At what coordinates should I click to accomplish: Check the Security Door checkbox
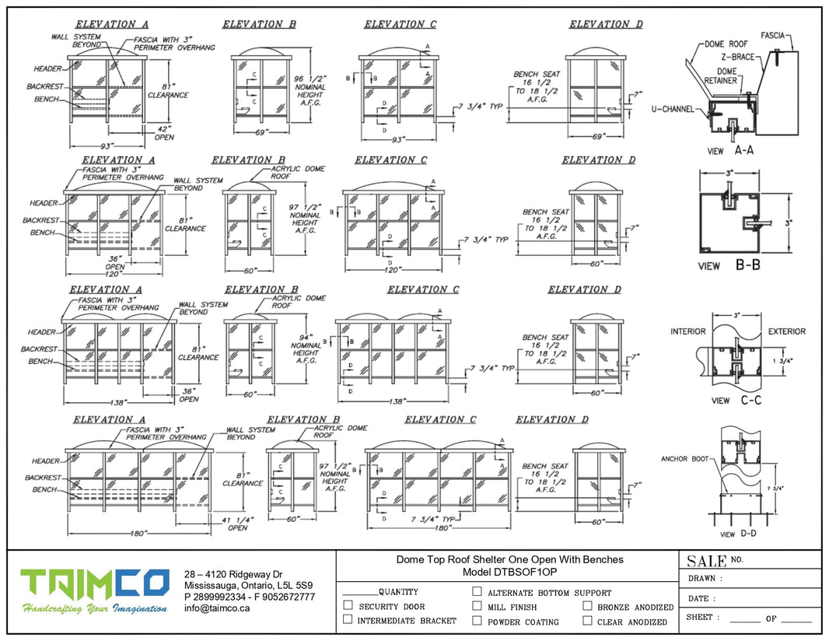tap(348, 605)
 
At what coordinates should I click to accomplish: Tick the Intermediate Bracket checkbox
tap(348, 620)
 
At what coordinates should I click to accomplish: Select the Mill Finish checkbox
tap(477, 606)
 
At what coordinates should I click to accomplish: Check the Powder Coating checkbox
tap(477, 621)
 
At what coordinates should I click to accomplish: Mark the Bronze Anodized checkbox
tap(587, 606)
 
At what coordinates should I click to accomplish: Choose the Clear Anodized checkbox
tap(587, 621)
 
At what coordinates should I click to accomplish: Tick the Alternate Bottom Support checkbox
tap(477, 591)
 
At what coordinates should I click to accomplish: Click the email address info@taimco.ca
tap(217, 608)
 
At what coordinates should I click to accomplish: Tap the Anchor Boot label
tap(684, 459)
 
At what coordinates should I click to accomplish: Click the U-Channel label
tap(673, 110)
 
